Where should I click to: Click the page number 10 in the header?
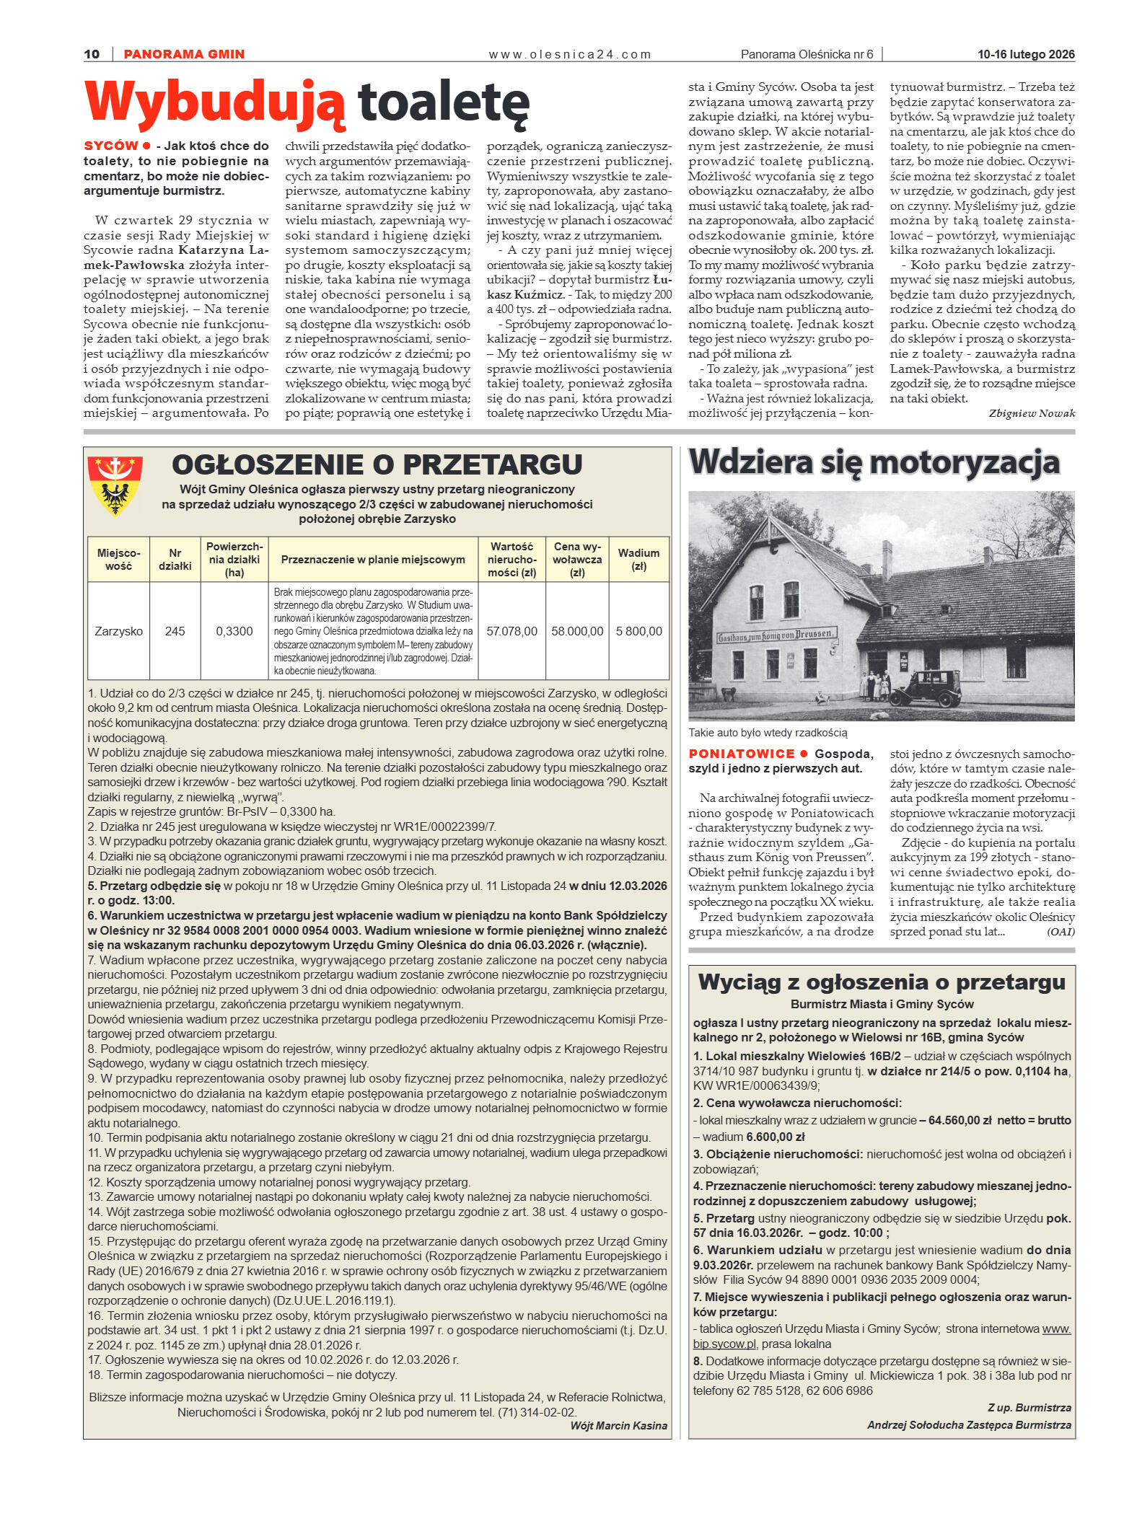[x=92, y=54]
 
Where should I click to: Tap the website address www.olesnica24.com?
[x=569, y=54]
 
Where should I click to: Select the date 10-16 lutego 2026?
[x=1025, y=54]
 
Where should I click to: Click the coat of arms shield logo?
[x=115, y=485]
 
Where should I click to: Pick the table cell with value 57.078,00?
[x=511, y=631]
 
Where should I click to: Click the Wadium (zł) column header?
[x=638, y=559]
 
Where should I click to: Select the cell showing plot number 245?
[x=175, y=631]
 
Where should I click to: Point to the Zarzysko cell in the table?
[x=118, y=631]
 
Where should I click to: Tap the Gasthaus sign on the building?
[x=777, y=636]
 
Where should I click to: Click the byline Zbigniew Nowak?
[x=1031, y=413]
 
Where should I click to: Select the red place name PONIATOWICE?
[x=741, y=754]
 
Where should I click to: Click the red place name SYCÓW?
[x=110, y=146]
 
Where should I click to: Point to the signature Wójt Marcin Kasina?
[x=618, y=1425]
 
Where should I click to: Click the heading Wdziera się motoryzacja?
[x=874, y=463]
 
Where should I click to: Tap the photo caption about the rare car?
[x=768, y=733]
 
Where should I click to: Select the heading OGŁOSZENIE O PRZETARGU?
[x=377, y=464]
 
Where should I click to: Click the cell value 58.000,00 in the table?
[x=577, y=631]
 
